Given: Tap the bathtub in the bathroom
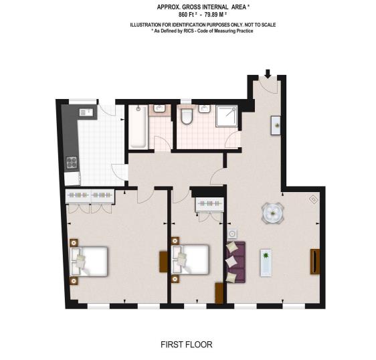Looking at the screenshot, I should [x=138, y=126].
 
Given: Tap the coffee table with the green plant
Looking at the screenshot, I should [x=266, y=262].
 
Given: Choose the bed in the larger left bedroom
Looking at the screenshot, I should [x=90, y=260].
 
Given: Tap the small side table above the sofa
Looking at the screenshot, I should [x=233, y=234].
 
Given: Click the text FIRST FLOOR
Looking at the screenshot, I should [x=187, y=345].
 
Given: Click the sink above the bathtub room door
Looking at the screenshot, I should [x=160, y=108].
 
